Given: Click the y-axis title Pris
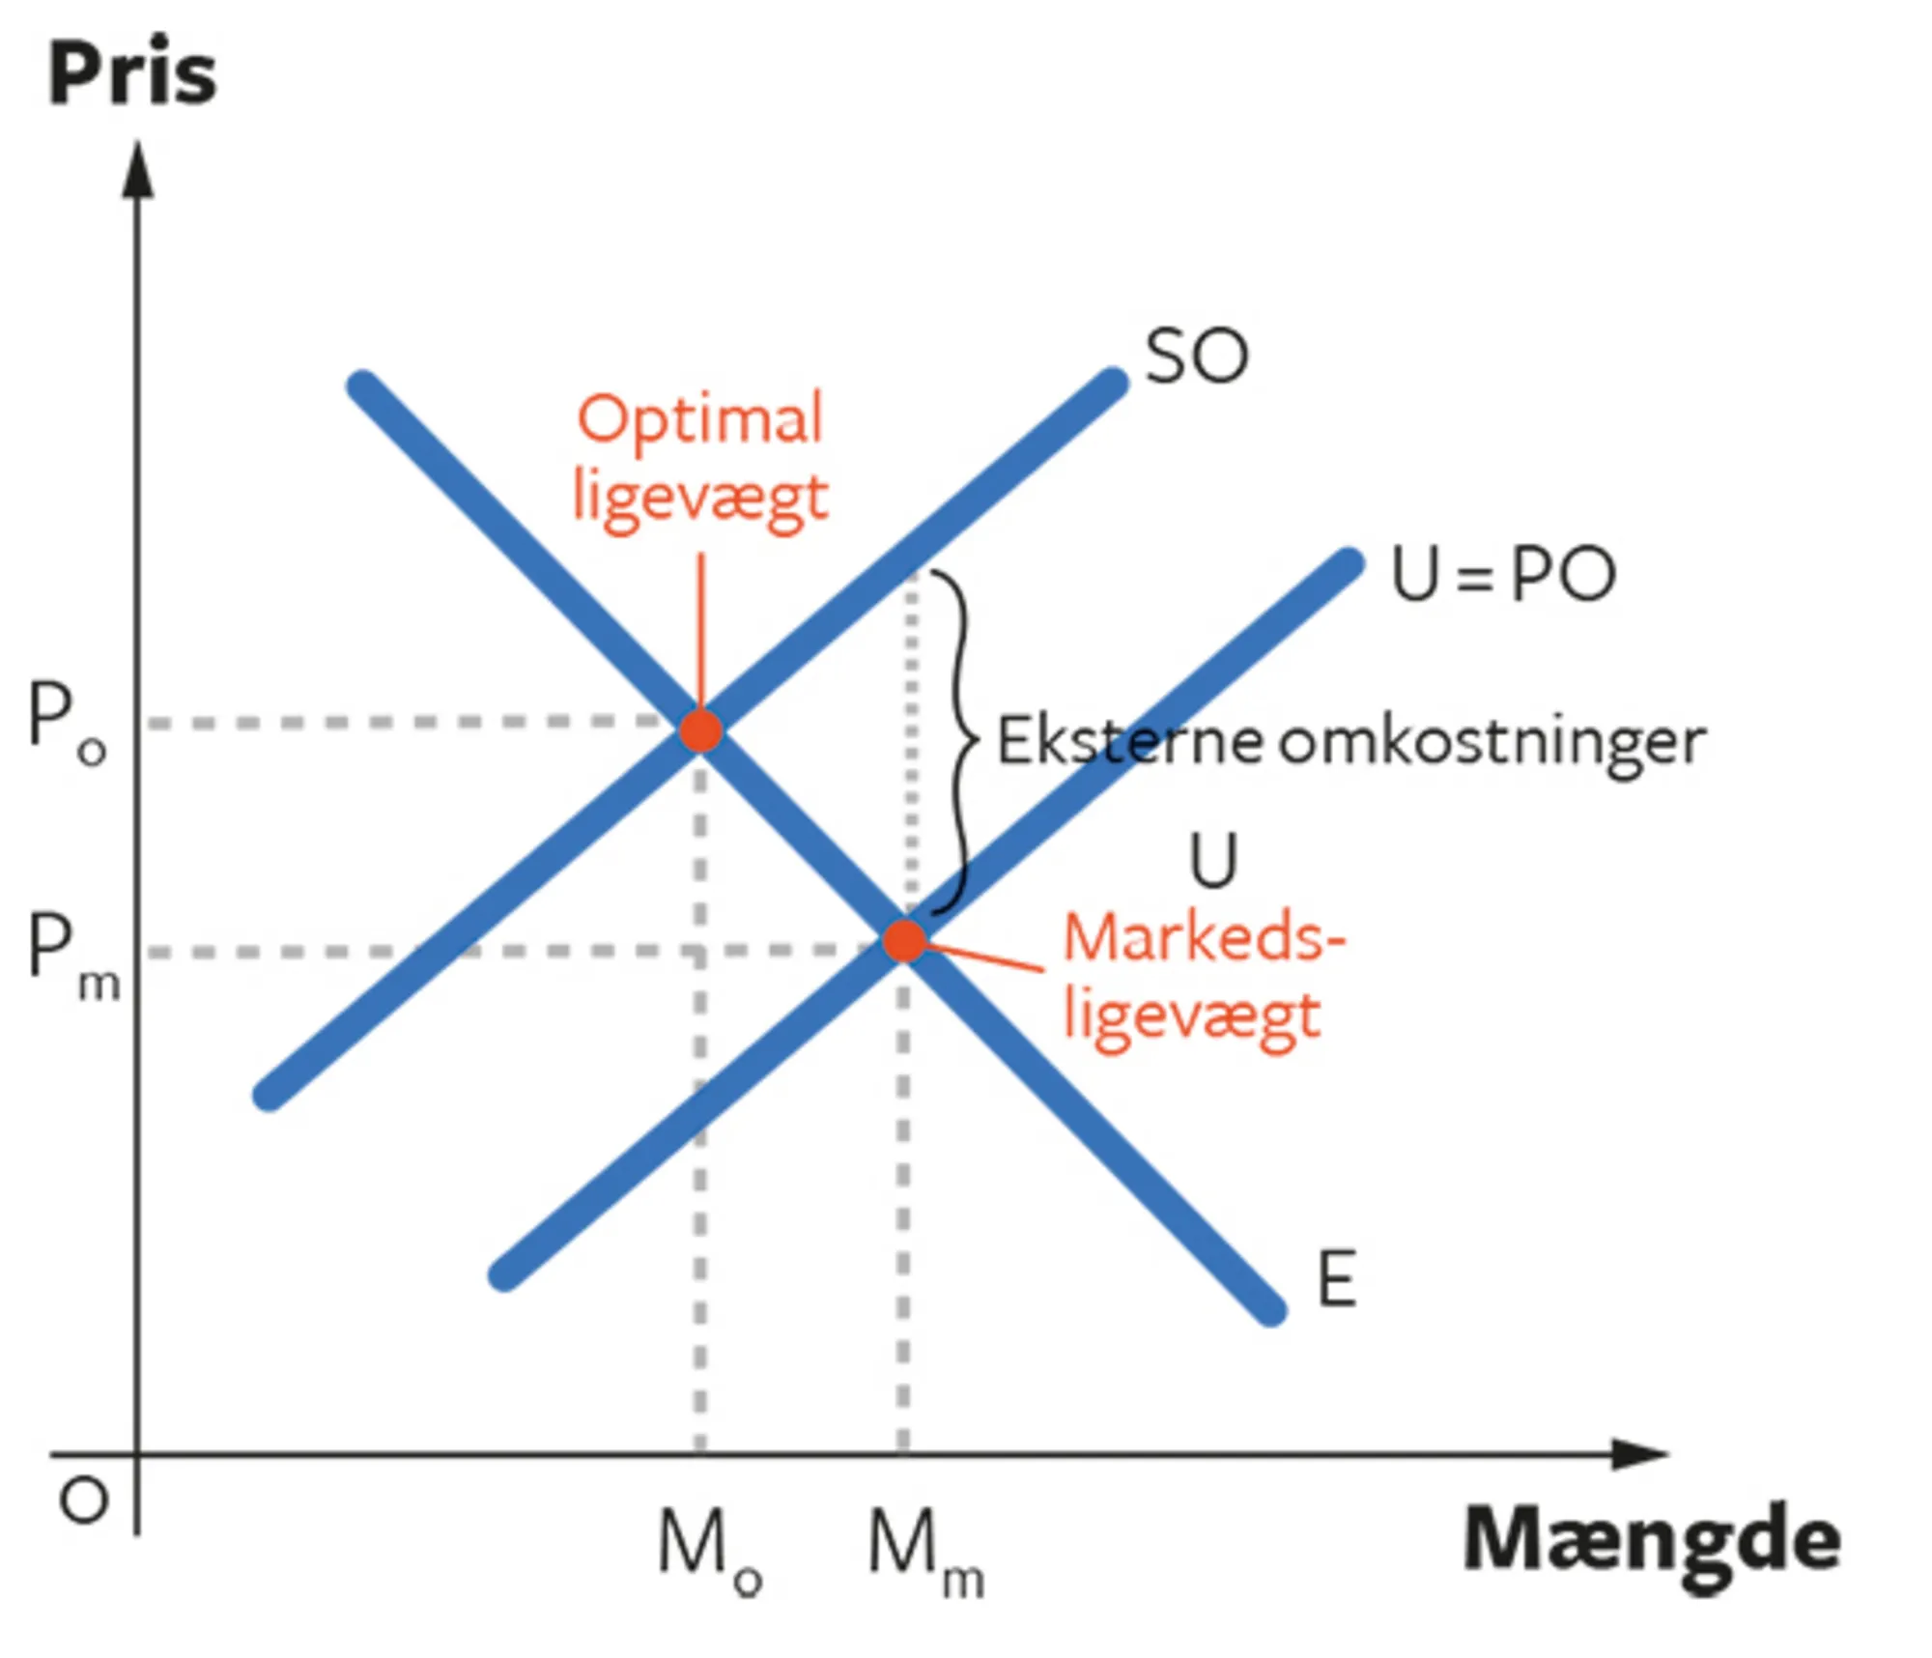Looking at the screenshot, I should click(132, 74).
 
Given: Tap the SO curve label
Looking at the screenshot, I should click(1196, 357).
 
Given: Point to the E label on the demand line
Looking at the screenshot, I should click(1337, 1279).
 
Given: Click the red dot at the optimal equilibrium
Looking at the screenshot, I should click(700, 731).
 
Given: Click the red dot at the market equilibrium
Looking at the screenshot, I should click(904, 940).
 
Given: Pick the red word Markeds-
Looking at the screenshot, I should click(1204, 938).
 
